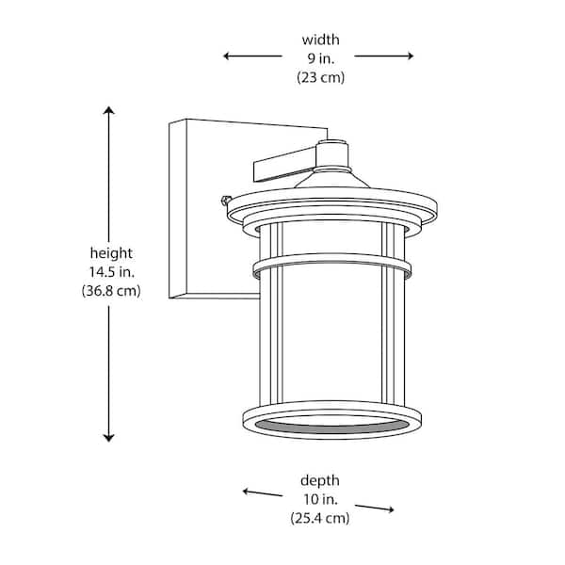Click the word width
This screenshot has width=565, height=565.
pos(320,40)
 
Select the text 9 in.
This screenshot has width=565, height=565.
pos(320,58)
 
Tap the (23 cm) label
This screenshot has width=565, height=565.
pos(320,78)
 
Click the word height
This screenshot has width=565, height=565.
pos(111,253)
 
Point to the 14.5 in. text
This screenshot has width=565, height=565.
pos(111,272)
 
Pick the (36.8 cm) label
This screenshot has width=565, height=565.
pos(111,291)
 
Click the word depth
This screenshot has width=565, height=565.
pos(321,480)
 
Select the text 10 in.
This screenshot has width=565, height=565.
pos(321,499)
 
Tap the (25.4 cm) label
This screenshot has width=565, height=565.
pos(321,519)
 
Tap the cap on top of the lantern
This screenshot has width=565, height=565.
pos(331,151)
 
